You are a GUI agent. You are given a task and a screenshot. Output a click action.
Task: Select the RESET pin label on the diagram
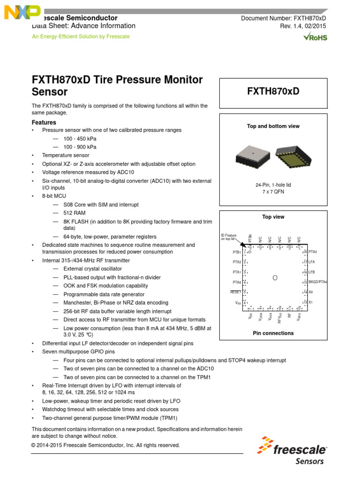[235, 292]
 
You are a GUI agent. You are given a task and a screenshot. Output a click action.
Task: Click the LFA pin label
[312, 262]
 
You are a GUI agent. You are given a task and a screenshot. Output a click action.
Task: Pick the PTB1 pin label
[233, 252]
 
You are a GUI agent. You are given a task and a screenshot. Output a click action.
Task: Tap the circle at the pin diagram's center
[275, 278]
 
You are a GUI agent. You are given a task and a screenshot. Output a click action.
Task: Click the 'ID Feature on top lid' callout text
[229, 237]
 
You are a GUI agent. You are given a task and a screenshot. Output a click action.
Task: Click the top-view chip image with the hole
[253, 156]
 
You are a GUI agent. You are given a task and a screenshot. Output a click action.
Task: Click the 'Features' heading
[44, 122]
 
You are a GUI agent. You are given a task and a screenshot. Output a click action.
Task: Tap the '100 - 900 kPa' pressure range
[80, 147]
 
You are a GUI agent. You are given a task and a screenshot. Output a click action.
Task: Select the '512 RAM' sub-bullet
[75, 213]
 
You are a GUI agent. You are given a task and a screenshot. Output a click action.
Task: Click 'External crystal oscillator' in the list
[92, 269]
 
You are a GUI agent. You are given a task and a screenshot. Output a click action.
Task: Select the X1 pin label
[310, 302]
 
